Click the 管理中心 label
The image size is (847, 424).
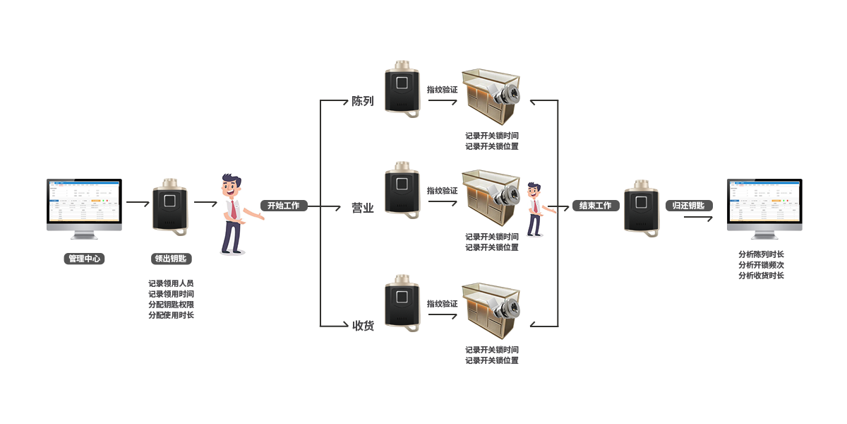coord(84,259)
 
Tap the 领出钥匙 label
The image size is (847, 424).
coord(170,259)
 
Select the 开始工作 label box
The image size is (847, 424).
coord(283,206)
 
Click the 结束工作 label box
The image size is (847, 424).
coord(595,206)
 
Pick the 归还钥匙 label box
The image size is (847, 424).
coord(688,206)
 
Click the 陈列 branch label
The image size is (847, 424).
coord(363,101)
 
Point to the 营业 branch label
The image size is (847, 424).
coord(363,208)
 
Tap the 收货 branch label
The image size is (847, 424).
coord(363,325)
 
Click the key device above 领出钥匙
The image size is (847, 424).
coord(170,206)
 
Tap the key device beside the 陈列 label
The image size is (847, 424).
coord(403,88)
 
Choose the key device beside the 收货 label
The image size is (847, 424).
coord(403,303)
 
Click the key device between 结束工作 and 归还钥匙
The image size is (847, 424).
coord(642,208)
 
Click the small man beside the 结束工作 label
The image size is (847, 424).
coord(534,208)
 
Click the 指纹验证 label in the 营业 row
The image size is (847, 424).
coord(443,190)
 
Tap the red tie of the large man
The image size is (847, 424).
coord(232,208)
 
